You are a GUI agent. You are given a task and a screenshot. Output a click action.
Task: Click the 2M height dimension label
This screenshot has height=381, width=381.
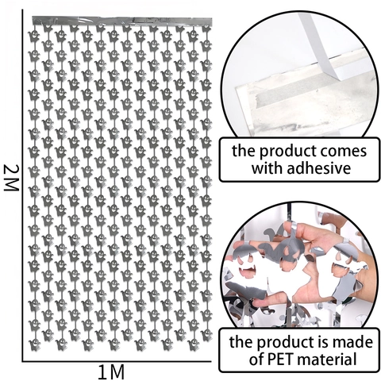coord(11,178)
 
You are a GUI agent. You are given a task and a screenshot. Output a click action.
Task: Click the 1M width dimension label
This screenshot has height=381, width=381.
coord(111,372)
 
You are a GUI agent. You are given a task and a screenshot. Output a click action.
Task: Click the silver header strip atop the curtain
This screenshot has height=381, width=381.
coord(122,21)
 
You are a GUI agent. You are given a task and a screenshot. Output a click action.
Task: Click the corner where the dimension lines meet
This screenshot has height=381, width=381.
coord(23,360)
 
